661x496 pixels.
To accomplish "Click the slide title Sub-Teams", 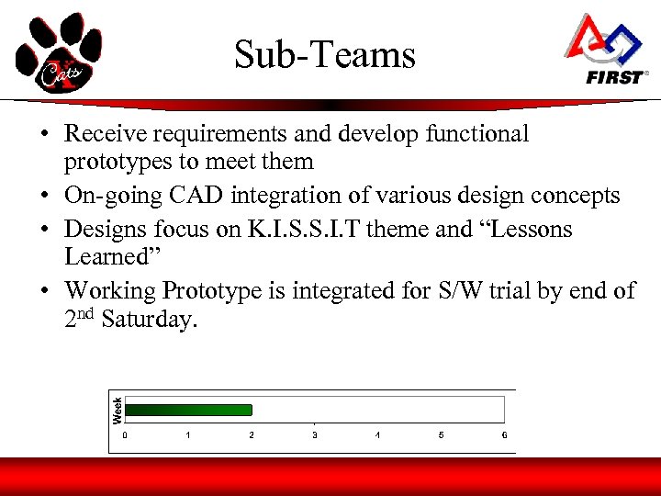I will pyautogui.click(x=325, y=55).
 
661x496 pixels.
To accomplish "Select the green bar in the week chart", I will pyautogui.click(x=188, y=410).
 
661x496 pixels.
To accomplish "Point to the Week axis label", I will pyautogui.click(x=118, y=409).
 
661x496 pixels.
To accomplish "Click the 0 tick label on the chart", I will pyautogui.click(x=126, y=434).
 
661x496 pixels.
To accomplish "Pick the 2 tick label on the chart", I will pyautogui.click(x=252, y=434).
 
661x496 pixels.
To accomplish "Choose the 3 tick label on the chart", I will pyautogui.click(x=315, y=434).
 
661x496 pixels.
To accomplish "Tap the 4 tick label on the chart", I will pyautogui.click(x=377, y=434).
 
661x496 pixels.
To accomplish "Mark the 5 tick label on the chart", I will pyautogui.click(x=441, y=434).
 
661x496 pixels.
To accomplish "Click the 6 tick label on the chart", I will pyautogui.click(x=504, y=434).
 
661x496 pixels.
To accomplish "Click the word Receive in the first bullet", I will pyautogui.click(x=104, y=134).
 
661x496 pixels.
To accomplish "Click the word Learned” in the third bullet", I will pyautogui.click(x=104, y=257).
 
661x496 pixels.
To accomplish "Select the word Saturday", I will pyautogui.click(x=149, y=321).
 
